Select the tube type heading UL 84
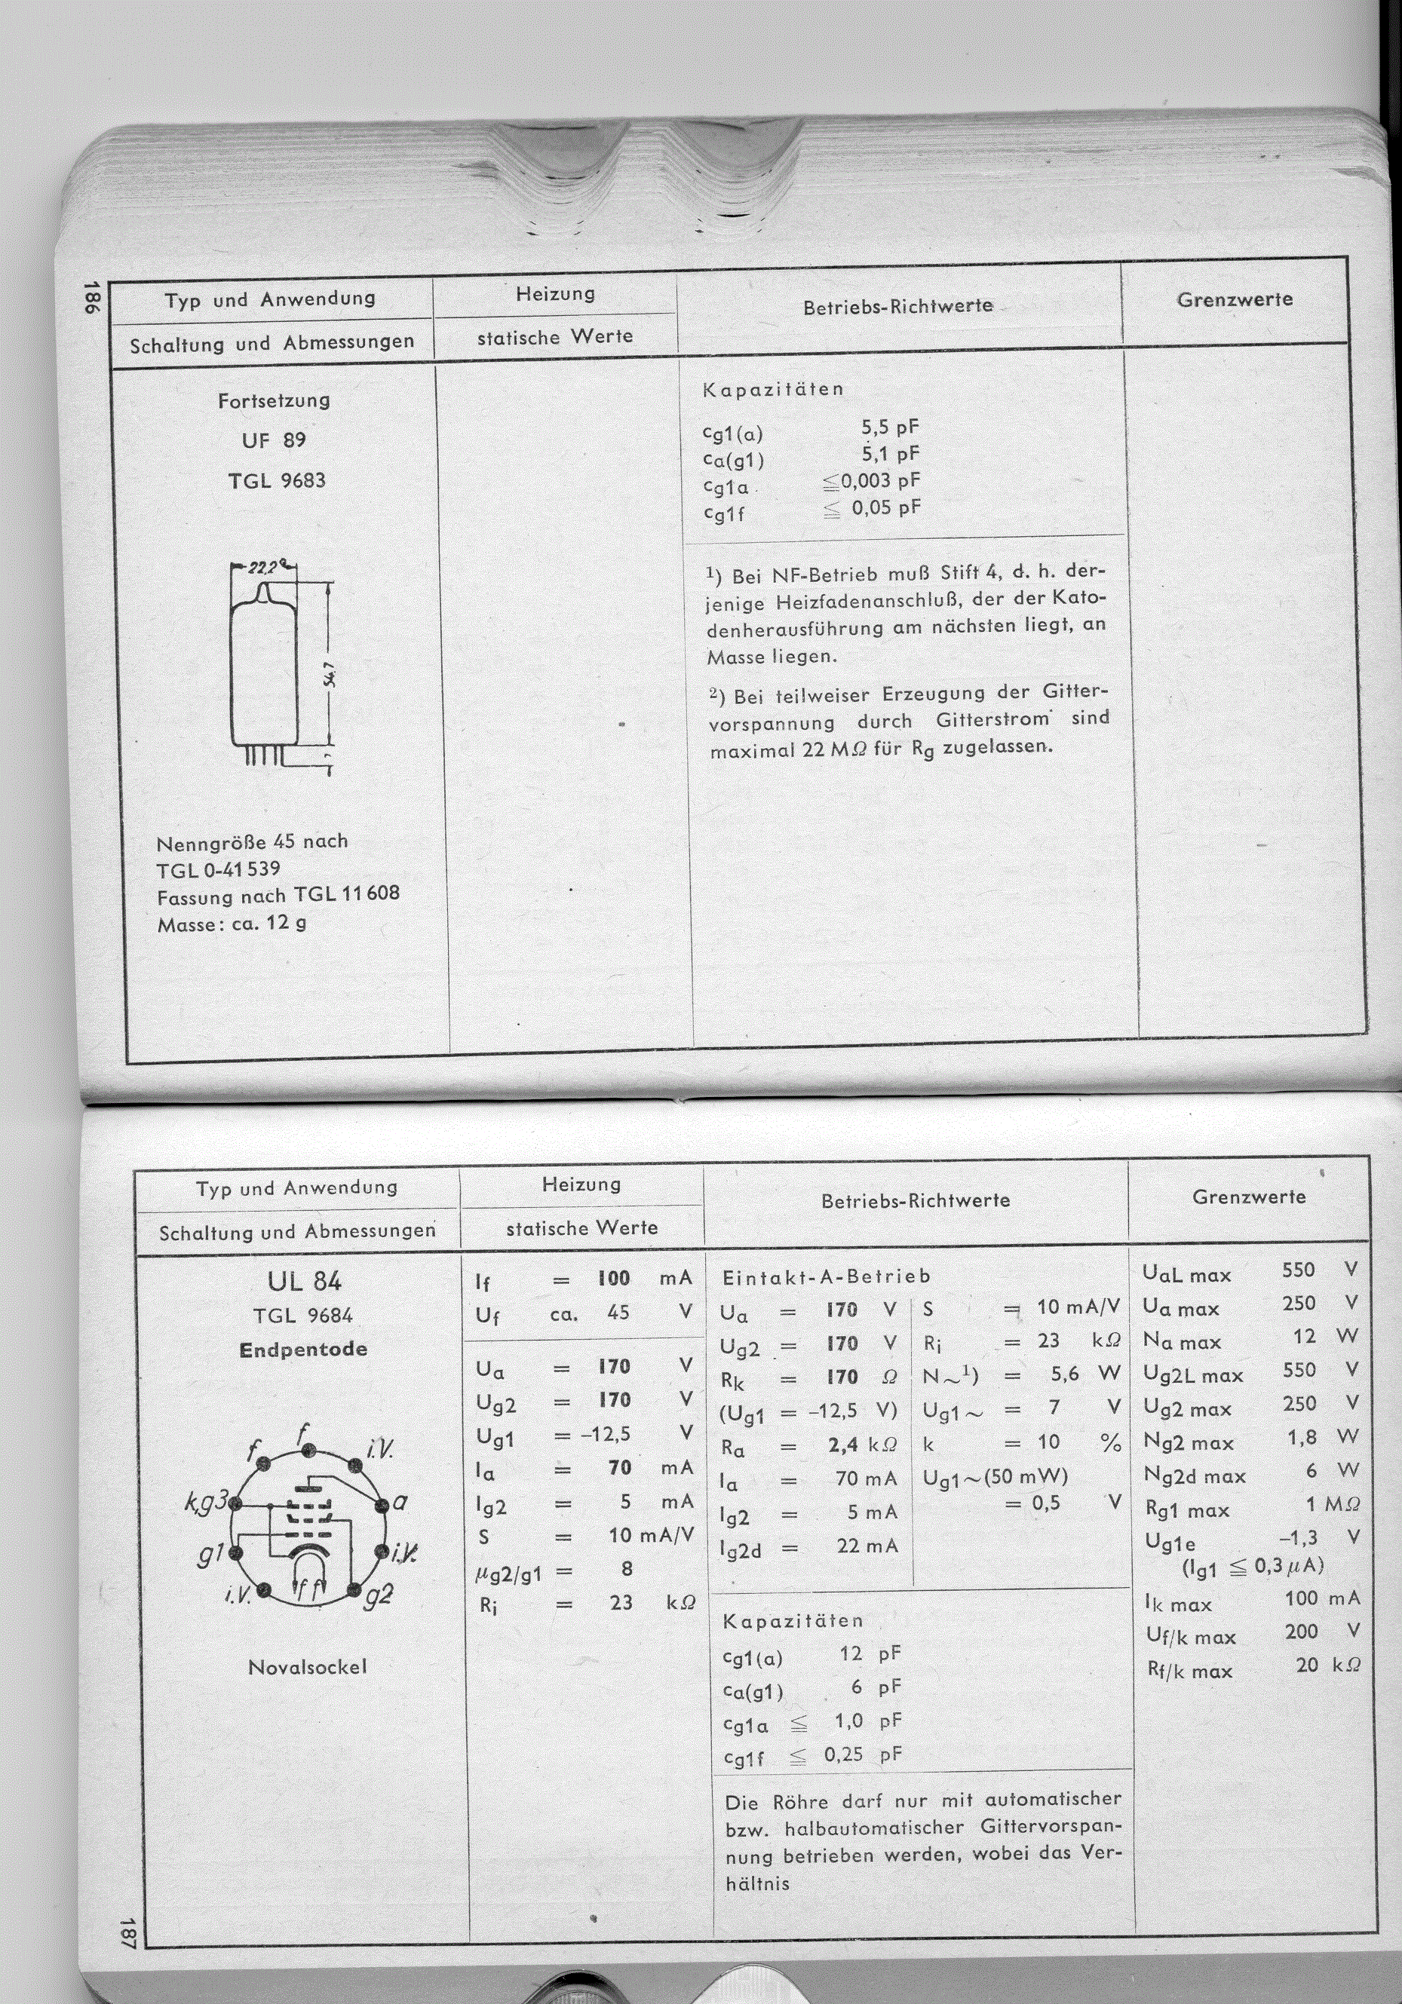pos(304,1281)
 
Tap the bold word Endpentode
pos(303,1350)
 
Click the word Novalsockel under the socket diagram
pos(307,1666)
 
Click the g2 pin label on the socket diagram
pos(378,1595)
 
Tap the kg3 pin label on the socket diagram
pos(206,1501)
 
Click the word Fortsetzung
pos(274,400)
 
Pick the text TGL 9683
pos(277,480)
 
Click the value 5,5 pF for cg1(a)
pos(891,427)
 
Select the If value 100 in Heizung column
pos(614,1279)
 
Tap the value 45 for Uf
pos(618,1313)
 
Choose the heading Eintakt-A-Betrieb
pos(826,1277)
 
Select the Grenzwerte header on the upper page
pos(1235,299)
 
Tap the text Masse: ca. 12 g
pos(232,924)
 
